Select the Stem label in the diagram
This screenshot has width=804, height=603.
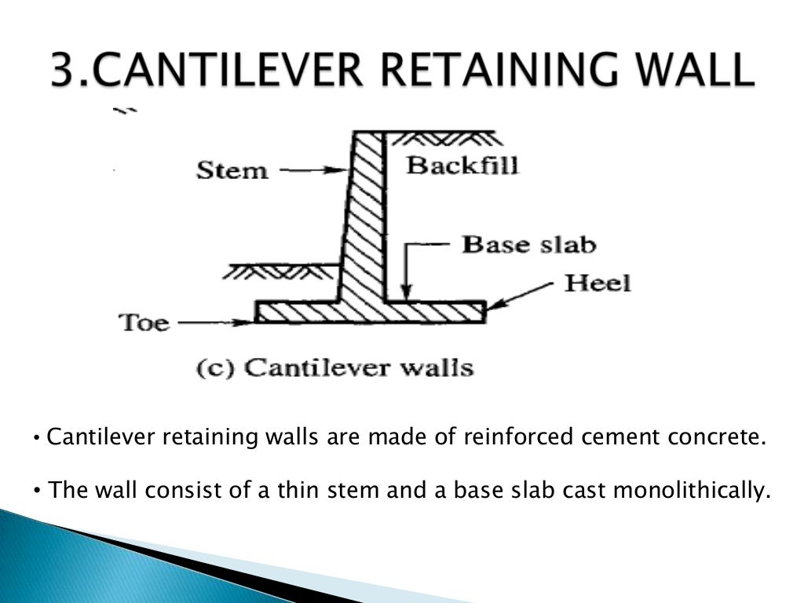(x=232, y=170)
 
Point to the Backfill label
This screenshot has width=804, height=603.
(x=462, y=166)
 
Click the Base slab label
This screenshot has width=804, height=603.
(x=528, y=244)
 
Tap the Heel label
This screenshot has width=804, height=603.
(x=598, y=283)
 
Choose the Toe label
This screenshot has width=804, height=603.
(x=144, y=322)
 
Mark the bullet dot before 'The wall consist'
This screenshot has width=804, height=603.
(x=37, y=492)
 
